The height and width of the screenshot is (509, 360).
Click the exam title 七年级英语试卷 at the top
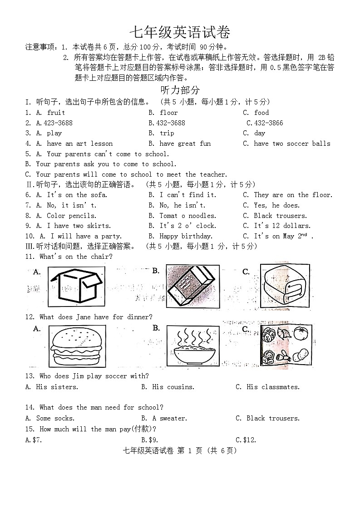pyautogui.click(x=180, y=32)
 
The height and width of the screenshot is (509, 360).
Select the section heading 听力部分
pyautogui.click(x=180, y=90)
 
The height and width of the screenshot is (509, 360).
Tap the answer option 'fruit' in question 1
pyautogui.click(x=56, y=113)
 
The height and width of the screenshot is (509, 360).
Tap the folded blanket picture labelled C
pyautogui.click(x=285, y=285)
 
